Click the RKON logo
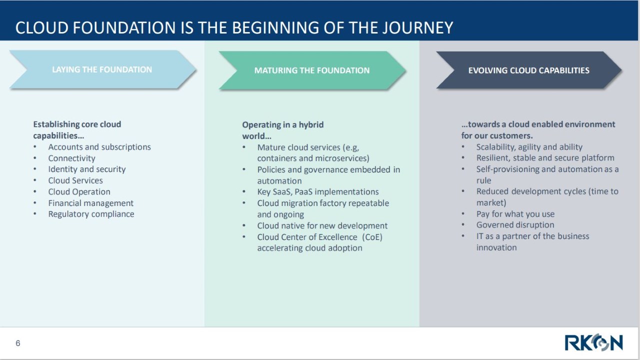[x=593, y=342]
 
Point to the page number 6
[x=17, y=343]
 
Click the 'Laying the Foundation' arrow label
[x=102, y=69]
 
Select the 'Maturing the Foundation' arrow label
[x=311, y=70]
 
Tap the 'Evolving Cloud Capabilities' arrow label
[x=528, y=70]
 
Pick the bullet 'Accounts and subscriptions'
[x=99, y=147]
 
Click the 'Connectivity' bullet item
[x=71, y=158]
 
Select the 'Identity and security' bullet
[x=87, y=169]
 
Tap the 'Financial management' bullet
[x=90, y=203]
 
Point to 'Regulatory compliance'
[x=91, y=214]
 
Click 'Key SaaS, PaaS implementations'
[x=317, y=191]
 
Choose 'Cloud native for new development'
[x=322, y=225]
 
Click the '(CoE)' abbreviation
[x=372, y=237]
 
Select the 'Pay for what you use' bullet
[x=515, y=214]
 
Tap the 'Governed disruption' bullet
[x=515, y=225]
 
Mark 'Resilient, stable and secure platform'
[x=545, y=158]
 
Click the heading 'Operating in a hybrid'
[x=283, y=125]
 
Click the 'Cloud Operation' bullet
[x=79, y=191]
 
